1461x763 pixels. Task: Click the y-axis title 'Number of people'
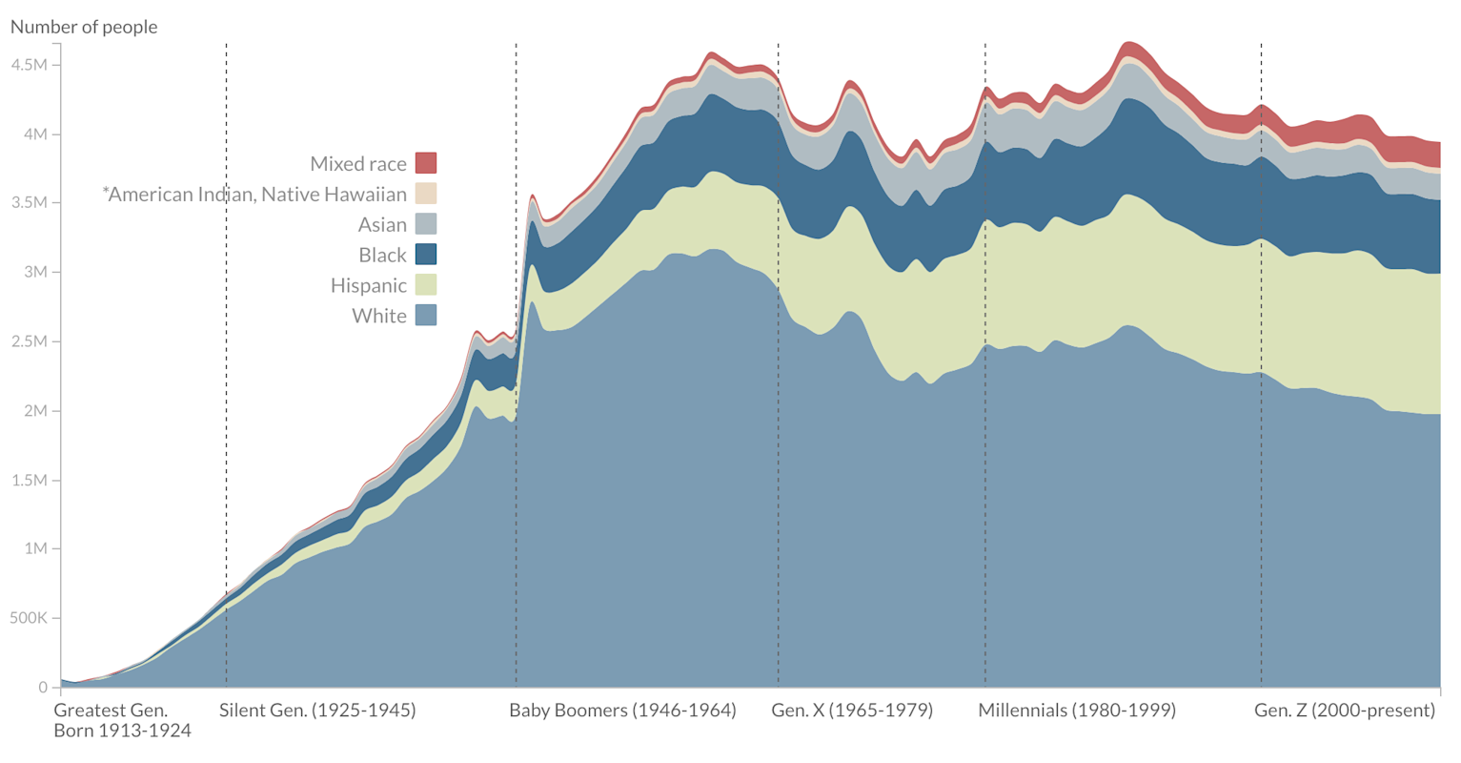click(x=84, y=27)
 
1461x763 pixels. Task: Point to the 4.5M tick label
click(x=28, y=65)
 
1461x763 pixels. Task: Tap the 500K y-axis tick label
click(x=28, y=618)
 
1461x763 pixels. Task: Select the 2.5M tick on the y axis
click(x=28, y=341)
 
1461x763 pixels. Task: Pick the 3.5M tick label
click(x=28, y=203)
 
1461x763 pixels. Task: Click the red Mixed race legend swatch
click(x=426, y=163)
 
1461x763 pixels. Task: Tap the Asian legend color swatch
click(x=426, y=224)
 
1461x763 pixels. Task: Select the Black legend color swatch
click(x=426, y=255)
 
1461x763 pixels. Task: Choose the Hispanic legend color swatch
click(x=426, y=285)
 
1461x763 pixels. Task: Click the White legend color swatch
click(x=426, y=316)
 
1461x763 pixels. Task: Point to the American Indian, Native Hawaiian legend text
click(x=254, y=195)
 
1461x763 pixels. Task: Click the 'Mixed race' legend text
click(x=358, y=164)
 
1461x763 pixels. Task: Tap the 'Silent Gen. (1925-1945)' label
click(x=317, y=711)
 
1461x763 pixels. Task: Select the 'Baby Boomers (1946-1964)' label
click(x=622, y=711)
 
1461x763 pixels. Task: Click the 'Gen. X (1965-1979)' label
click(x=852, y=711)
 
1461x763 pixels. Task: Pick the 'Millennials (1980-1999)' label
click(x=1077, y=711)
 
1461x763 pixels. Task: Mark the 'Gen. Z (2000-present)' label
click(x=1345, y=711)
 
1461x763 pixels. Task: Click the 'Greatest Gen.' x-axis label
click(x=111, y=711)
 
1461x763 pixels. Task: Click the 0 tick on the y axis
click(x=42, y=688)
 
